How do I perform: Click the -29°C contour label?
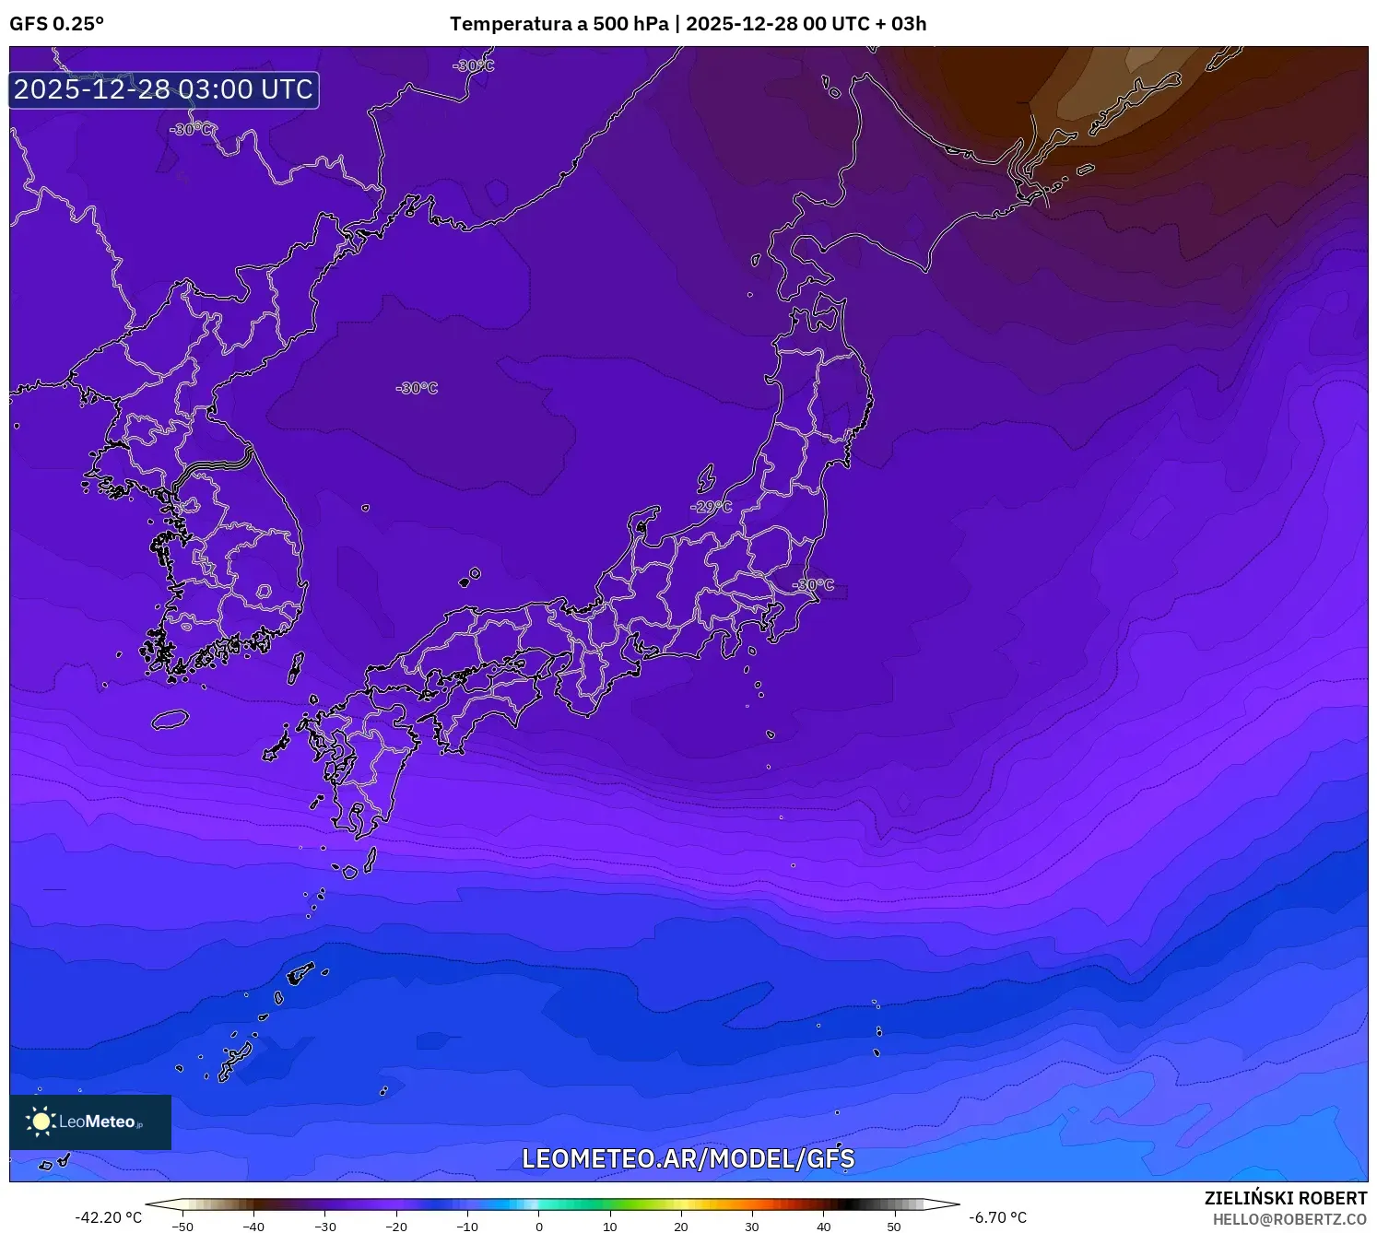[711, 507]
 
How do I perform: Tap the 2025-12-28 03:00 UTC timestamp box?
[164, 89]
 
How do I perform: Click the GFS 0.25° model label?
[57, 24]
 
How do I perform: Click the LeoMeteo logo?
[90, 1121]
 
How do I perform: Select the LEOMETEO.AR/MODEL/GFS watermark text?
[688, 1158]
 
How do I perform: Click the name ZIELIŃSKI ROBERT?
[1286, 1198]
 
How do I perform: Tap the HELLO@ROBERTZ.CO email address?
[1289, 1219]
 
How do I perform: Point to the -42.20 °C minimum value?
[109, 1217]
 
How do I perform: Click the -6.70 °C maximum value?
[998, 1217]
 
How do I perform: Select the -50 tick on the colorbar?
[182, 1227]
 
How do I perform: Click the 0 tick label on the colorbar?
[539, 1227]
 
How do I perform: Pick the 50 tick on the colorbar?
[894, 1227]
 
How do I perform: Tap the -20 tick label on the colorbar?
[395, 1227]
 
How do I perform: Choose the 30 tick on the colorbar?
[752, 1227]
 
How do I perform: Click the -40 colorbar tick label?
[253, 1227]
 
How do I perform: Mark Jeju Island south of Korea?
[171, 720]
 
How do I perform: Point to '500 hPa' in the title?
[630, 24]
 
